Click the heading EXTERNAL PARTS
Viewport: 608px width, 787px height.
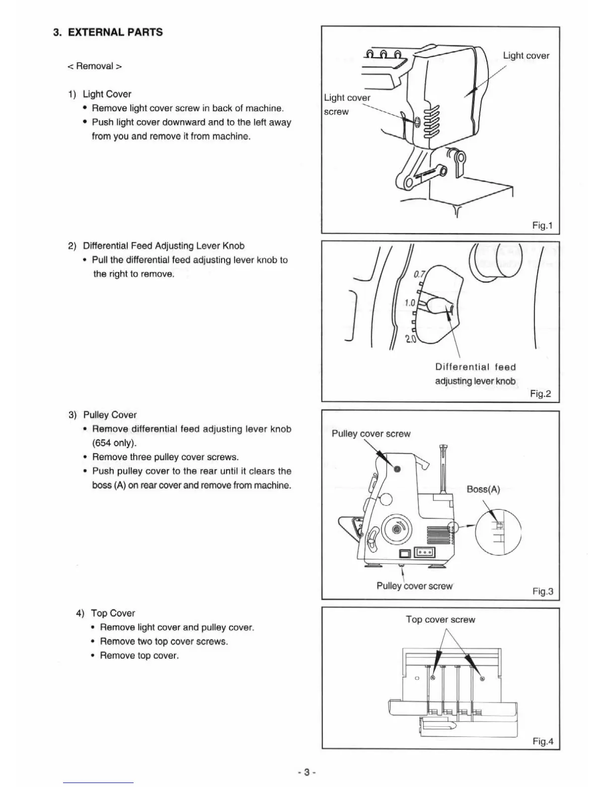(115, 32)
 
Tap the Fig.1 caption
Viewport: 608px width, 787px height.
(542, 225)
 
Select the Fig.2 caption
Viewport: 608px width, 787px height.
(540, 393)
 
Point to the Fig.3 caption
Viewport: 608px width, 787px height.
(542, 591)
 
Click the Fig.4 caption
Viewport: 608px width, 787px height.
(542, 741)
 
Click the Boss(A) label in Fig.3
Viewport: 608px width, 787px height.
(483, 489)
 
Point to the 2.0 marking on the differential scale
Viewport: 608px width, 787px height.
(411, 340)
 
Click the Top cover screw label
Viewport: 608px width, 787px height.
(440, 620)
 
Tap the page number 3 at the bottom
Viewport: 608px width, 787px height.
(307, 772)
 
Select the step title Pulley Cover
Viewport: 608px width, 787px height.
(110, 415)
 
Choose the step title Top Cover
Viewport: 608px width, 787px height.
(113, 613)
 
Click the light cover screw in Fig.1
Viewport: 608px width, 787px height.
(417, 121)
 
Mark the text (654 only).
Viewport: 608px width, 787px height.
(114, 443)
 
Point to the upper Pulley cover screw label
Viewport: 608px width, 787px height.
(371, 434)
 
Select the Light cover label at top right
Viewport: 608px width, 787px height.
(526, 56)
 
